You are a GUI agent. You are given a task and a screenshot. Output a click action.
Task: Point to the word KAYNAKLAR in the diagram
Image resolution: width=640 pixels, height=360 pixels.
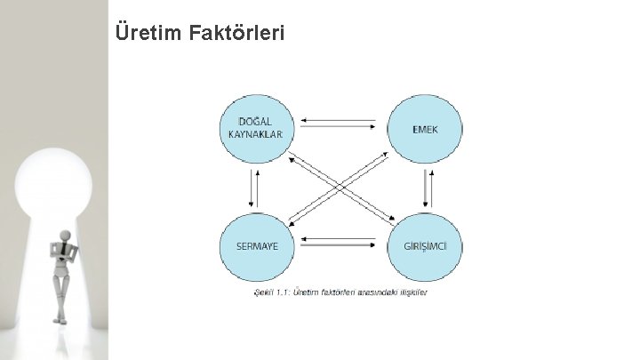pyautogui.click(x=255, y=135)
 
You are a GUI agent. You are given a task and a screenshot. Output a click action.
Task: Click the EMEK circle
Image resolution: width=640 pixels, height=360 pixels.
pyautogui.click(x=424, y=130)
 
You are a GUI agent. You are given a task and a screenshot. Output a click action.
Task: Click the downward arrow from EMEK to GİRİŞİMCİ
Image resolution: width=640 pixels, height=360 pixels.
pyautogui.click(x=421, y=188)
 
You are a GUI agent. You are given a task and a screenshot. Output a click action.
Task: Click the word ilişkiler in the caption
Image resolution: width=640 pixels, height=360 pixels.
pyautogui.click(x=412, y=293)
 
